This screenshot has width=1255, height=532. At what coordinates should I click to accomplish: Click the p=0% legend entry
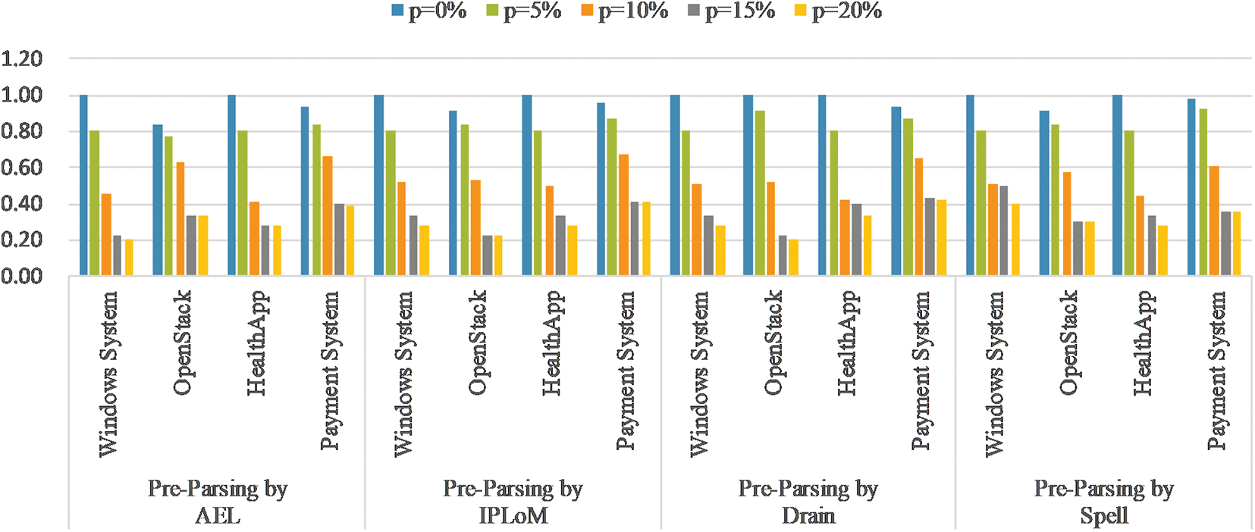pos(428,11)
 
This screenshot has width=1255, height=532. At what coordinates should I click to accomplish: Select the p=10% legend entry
pos(624,11)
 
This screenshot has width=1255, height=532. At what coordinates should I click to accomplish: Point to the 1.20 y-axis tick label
pos(21,58)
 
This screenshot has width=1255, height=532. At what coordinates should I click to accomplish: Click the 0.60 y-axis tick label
pos(21,167)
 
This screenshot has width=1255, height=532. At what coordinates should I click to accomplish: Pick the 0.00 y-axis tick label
pos(21,277)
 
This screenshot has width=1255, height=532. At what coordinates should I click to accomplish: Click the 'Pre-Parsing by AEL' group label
pos(218,502)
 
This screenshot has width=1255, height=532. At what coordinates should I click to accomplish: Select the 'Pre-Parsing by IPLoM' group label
pos(513,502)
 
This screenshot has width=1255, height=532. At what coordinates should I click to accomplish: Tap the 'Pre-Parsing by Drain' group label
pos(808,502)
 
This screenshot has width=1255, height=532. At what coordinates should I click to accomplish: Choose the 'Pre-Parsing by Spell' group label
pos(1103,502)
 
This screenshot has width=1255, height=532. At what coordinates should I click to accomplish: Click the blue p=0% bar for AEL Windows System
pos(83,186)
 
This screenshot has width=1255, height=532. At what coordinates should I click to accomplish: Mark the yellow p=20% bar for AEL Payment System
pos(350,240)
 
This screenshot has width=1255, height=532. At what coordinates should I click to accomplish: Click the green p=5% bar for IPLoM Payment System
pos(612,197)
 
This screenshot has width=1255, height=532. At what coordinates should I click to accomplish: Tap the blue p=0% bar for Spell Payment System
pos(1191,187)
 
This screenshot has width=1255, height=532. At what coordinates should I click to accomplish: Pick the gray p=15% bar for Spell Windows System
pos(1004,230)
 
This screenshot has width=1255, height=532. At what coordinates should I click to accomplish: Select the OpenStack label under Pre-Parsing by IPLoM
pos(476,343)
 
